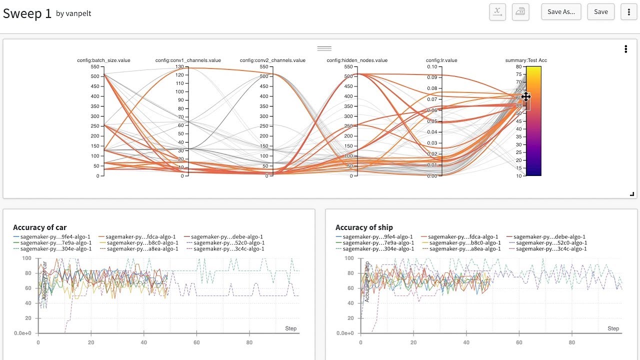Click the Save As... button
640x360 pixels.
coord(561,12)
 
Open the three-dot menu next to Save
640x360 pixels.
coord(628,12)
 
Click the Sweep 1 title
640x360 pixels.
coord(27,13)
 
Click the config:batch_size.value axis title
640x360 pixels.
coord(103,60)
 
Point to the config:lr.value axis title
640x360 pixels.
coord(441,60)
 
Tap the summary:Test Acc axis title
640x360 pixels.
coord(526,60)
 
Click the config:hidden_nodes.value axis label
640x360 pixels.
coord(357,60)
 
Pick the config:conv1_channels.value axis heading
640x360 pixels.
coord(188,60)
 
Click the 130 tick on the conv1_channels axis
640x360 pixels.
coord(179,66)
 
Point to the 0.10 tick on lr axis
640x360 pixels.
coord(432,66)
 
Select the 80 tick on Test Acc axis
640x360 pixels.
coord(518,66)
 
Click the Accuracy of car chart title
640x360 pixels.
coord(39,227)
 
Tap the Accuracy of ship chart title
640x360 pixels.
coord(364,227)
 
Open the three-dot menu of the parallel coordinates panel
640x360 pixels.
coord(625,49)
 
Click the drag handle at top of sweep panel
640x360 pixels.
coord(324,48)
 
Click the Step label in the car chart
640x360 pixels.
coord(290,328)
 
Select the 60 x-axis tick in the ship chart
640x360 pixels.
coord(519,342)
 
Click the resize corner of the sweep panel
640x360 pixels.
coord(632,194)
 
